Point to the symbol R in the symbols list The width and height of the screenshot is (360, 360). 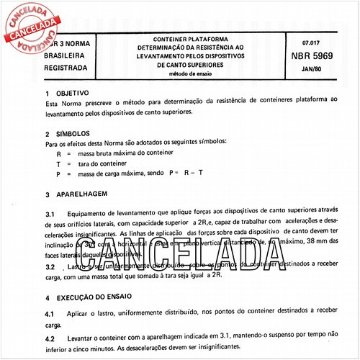coord(58,154)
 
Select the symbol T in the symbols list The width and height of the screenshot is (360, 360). coord(58,164)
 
